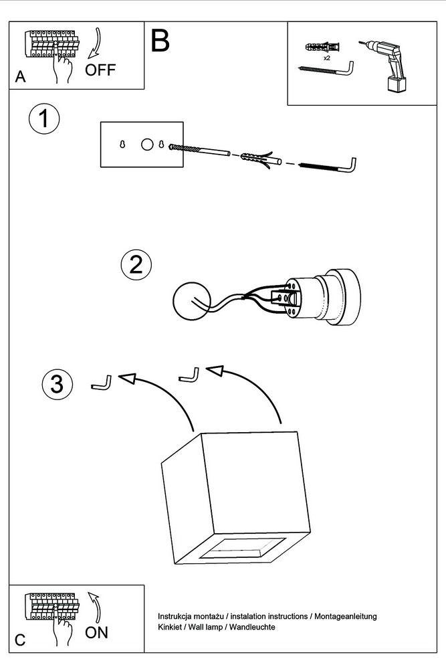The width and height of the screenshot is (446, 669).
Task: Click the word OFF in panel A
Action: (100, 70)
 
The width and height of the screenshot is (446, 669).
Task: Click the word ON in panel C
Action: (97, 632)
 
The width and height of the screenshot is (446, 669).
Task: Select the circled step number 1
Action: (44, 120)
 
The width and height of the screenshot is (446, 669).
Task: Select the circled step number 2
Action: (136, 265)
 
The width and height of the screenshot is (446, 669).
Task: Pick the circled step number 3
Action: (57, 384)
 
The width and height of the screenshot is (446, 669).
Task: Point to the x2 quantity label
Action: (327, 58)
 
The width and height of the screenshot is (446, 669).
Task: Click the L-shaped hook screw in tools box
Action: (327, 68)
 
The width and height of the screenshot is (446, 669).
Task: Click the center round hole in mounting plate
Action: (146, 144)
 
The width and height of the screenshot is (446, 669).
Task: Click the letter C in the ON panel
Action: (20, 640)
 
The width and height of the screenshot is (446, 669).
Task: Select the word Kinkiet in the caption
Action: (170, 627)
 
